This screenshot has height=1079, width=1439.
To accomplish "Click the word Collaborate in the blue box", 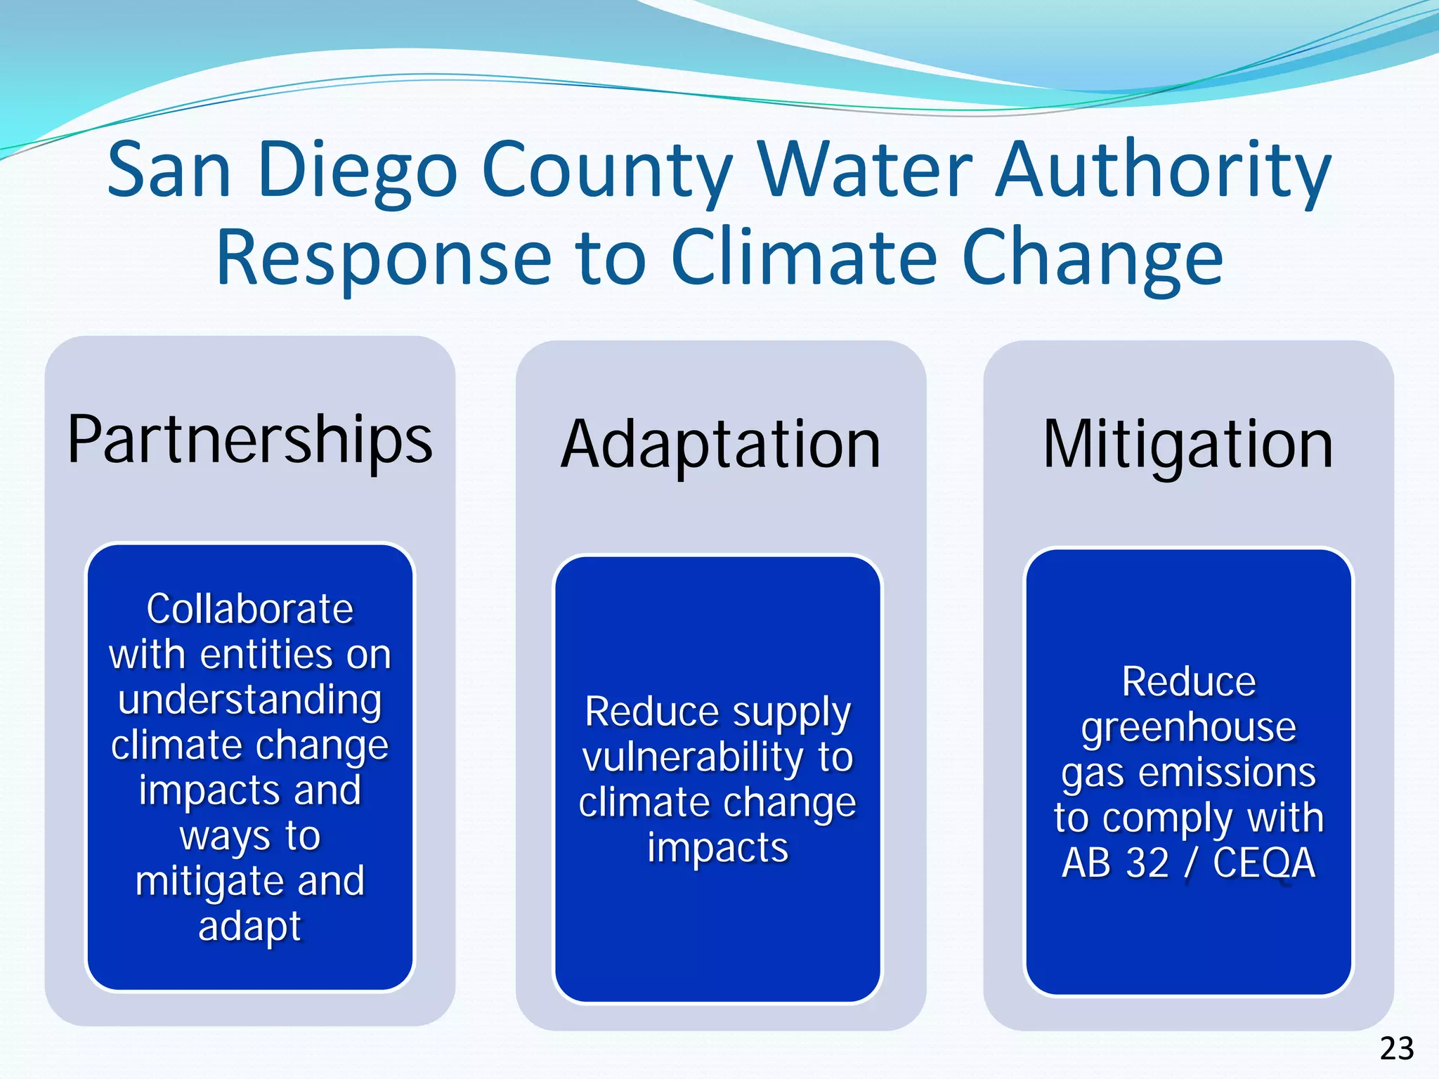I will (250, 608).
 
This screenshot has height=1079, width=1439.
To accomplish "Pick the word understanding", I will (250, 700).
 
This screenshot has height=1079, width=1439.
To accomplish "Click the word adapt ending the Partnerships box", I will (250, 927).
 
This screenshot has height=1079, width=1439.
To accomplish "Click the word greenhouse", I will (1188, 727).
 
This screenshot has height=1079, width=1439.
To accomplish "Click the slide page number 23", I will (1397, 1049).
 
